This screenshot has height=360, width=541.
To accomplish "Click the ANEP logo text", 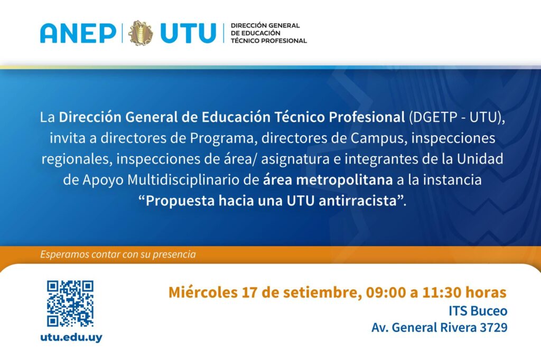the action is click(78, 33).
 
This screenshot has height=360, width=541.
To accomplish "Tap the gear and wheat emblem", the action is click(141, 33).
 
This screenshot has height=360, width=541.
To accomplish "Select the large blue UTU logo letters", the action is click(188, 33).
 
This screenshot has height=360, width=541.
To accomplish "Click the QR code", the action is click(70, 304).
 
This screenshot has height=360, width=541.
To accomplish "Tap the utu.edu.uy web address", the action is click(71, 337).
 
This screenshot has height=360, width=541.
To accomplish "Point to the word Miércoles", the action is click(203, 292).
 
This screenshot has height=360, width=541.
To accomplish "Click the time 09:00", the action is click(386, 292).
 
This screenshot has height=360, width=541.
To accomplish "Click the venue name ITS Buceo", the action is click(478, 311).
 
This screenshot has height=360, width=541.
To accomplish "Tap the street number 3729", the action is click(494, 327).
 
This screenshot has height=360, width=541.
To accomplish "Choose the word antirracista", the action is click(358, 201).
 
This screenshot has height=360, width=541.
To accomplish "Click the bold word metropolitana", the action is click(344, 179).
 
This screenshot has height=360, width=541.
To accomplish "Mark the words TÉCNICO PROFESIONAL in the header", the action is click(269, 41).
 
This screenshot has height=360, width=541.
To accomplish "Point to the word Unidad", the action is click(480, 159).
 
